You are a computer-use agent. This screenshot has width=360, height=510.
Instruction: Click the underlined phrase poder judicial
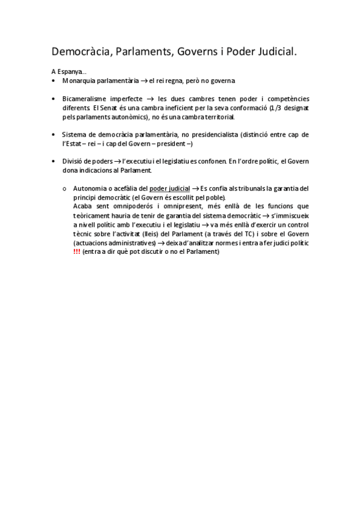(169, 189)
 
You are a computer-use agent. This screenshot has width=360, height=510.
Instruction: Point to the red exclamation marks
(76, 252)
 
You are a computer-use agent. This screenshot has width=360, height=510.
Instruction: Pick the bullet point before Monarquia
(53, 81)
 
